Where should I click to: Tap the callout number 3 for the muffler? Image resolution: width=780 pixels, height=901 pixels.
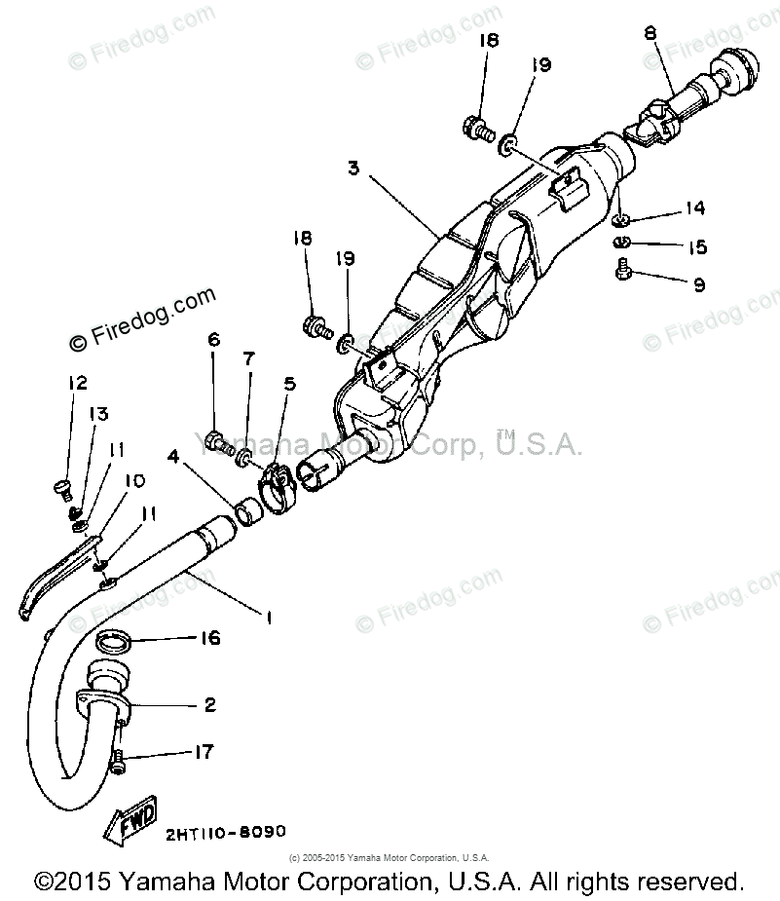point(353,168)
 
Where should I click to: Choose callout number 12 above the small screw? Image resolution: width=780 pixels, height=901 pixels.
point(78,383)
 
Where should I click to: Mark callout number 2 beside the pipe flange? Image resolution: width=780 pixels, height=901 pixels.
point(209,704)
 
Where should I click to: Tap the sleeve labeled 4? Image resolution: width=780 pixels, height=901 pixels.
point(249,509)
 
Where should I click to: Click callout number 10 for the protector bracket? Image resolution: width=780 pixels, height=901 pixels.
point(134,481)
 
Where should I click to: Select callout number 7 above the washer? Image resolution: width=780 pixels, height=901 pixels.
point(248,358)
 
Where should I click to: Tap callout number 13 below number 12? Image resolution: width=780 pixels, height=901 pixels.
point(98,414)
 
